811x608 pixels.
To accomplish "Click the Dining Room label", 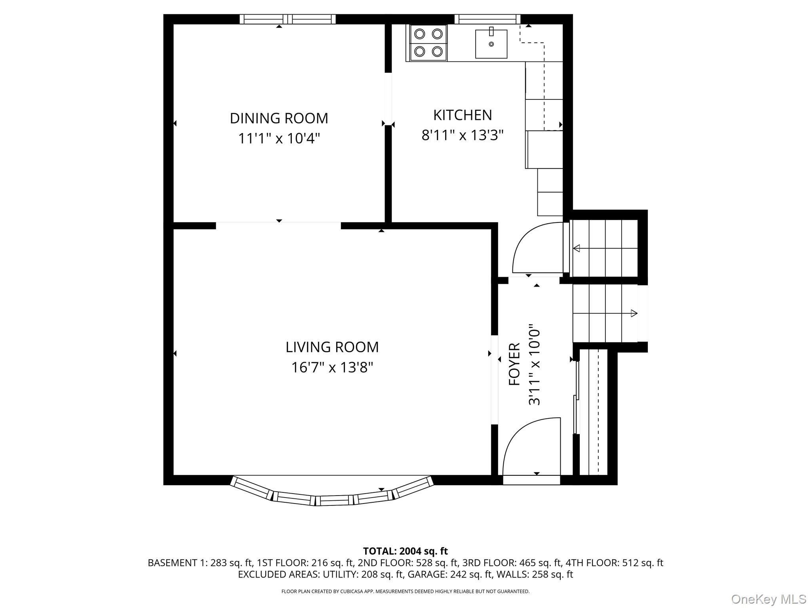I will pyautogui.click(x=279, y=118).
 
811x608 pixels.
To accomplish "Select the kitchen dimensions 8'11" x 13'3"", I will pyautogui.click(x=462, y=135).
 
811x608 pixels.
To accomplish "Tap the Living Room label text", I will pyautogui.click(x=332, y=347).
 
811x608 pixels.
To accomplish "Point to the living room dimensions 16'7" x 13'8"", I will pyautogui.click(x=332, y=368).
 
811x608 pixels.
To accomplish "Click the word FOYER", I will pyautogui.click(x=514, y=364).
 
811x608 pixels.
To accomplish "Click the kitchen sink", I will pyautogui.click(x=491, y=44).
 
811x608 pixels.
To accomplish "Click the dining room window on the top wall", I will pyautogui.click(x=287, y=19).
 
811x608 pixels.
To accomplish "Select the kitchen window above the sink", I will pyautogui.click(x=487, y=19).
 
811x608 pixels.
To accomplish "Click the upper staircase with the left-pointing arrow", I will pyautogui.click(x=605, y=248).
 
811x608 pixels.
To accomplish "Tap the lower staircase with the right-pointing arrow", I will pyautogui.click(x=605, y=313).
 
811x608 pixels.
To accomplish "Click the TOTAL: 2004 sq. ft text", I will pyautogui.click(x=405, y=551).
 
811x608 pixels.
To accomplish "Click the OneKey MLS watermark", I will pyautogui.click(x=768, y=599).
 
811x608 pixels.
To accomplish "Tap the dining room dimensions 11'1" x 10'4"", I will pyautogui.click(x=279, y=139).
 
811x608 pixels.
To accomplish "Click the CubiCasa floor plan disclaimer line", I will pyautogui.click(x=405, y=591).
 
